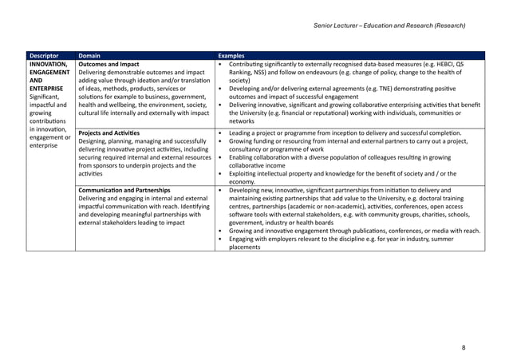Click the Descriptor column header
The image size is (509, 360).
tap(45, 55)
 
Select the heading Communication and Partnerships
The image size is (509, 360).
tap(124, 191)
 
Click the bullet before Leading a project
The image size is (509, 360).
tap(220, 133)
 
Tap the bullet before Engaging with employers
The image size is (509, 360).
tap(220, 239)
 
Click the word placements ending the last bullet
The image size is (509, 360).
tap(244, 247)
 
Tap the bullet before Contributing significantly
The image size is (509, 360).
tap(220, 64)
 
